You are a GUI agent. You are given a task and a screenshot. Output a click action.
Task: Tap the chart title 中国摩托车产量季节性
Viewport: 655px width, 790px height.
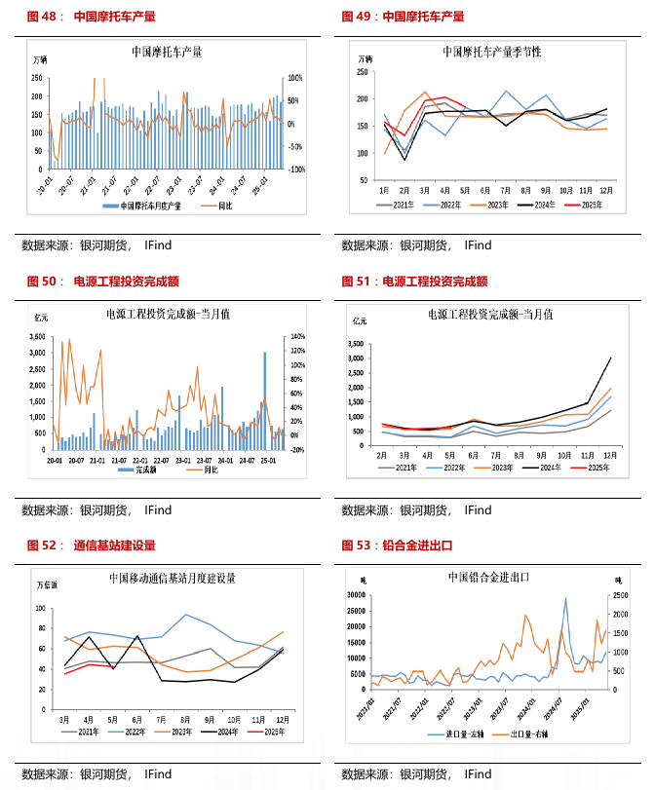coord(491,52)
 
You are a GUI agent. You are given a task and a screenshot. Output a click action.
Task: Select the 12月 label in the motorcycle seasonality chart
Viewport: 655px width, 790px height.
coord(605,189)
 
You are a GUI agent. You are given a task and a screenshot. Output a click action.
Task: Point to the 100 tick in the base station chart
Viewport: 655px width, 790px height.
coord(41,608)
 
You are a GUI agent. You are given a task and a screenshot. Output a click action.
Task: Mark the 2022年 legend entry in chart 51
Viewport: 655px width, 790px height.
coord(450,469)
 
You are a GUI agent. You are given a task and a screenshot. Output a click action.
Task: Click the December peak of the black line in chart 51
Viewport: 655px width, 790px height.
coord(611,357)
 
